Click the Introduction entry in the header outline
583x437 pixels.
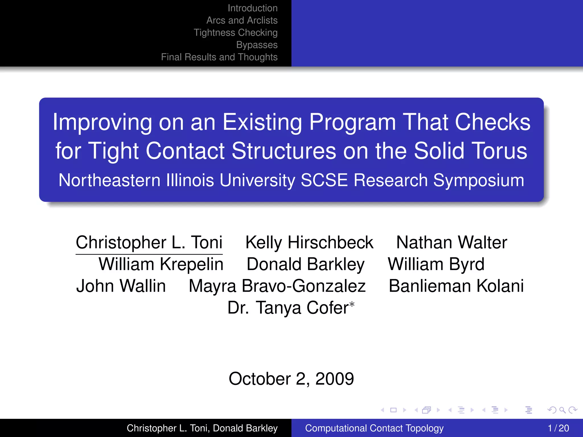[253, 8]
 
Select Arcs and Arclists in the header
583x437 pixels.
[242, 20]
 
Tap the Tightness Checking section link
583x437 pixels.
[235, 33]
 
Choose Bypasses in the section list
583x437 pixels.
[257, 45]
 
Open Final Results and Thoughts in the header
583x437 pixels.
[219, 57]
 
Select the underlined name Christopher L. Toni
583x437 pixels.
[149, 242]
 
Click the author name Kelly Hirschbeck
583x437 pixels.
[309, 242]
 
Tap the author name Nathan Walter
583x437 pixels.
[451, 242]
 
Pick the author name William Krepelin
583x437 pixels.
[161, 264]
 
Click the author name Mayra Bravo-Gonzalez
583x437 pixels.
[277, 286]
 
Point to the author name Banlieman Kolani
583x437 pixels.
[456, 286]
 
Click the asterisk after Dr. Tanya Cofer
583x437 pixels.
[352, 304]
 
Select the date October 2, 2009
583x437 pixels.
[291, 379]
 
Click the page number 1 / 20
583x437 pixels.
[558, 428]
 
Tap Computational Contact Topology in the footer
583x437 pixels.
[374, 428]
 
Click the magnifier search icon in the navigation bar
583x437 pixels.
[562, 410]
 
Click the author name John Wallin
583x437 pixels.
[121, 286]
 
